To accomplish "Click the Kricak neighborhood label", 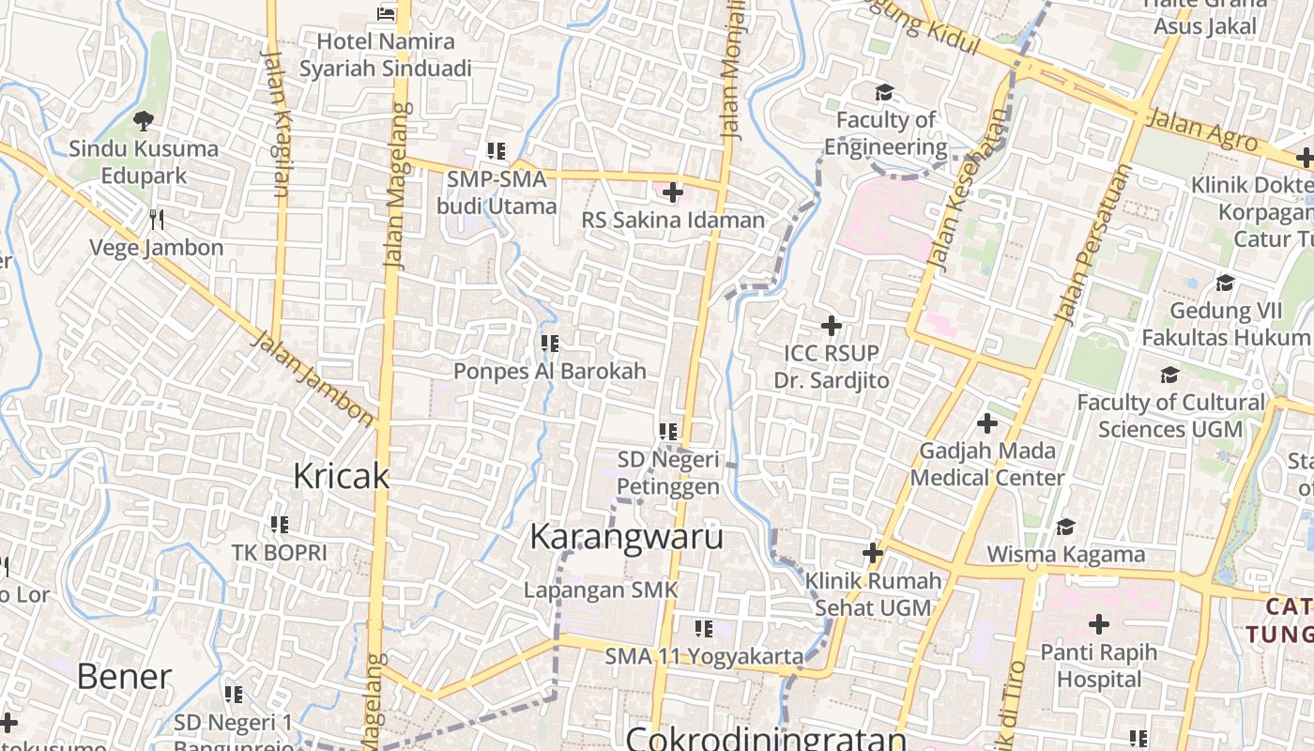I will [341, 476].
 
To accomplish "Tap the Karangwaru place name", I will [626, 537].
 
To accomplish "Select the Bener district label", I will [124, 676].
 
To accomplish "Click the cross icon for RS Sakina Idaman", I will [672, 192].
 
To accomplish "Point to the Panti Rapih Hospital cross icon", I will [1098, 623].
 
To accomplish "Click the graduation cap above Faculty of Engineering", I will [884, 92].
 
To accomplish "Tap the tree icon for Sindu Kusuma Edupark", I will [144, 120].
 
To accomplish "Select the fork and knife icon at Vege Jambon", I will [157, 220].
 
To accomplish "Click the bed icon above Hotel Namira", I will [385, 13].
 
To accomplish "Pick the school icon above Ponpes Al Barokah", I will [549, 344].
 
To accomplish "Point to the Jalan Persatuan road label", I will [1094, 244].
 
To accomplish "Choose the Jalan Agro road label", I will [1202, 130].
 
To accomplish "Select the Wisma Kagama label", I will [1065, 554].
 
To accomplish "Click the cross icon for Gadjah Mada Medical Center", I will [986, 423].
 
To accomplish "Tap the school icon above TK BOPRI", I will [279, 525].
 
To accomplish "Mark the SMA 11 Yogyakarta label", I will [704, 655].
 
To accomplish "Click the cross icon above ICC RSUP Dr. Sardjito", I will [831, 326].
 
